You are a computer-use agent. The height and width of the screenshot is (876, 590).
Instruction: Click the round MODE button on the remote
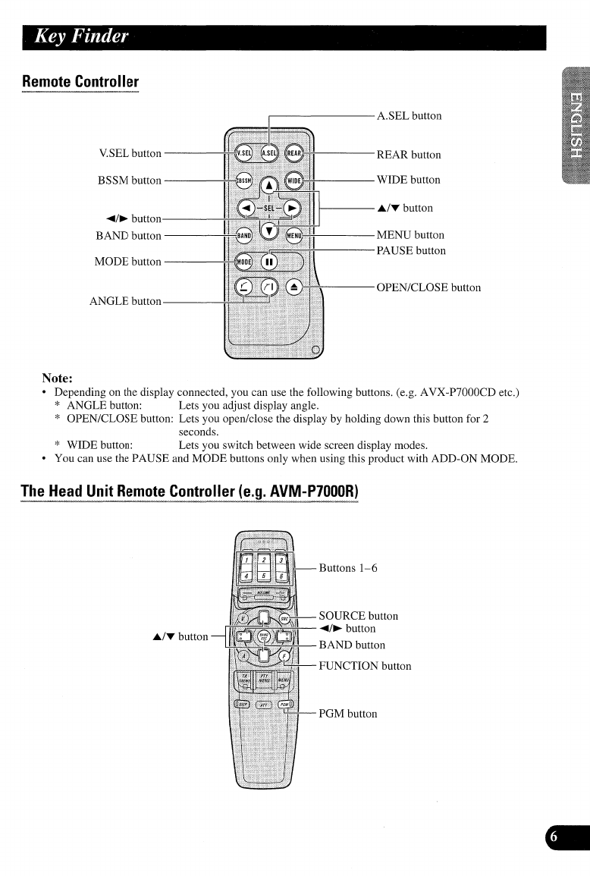[243, 262]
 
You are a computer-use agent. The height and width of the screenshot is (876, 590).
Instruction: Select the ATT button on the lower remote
[262, 705]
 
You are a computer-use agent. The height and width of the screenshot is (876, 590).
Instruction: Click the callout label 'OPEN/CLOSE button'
[428, 287]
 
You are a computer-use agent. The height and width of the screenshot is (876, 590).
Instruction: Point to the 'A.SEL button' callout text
[409, 116]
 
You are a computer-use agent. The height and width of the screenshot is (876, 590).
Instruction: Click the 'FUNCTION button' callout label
[365, 666]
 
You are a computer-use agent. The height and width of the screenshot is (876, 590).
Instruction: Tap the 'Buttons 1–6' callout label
[348, 567]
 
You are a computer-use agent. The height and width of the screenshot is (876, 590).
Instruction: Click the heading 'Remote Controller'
[80, 81]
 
